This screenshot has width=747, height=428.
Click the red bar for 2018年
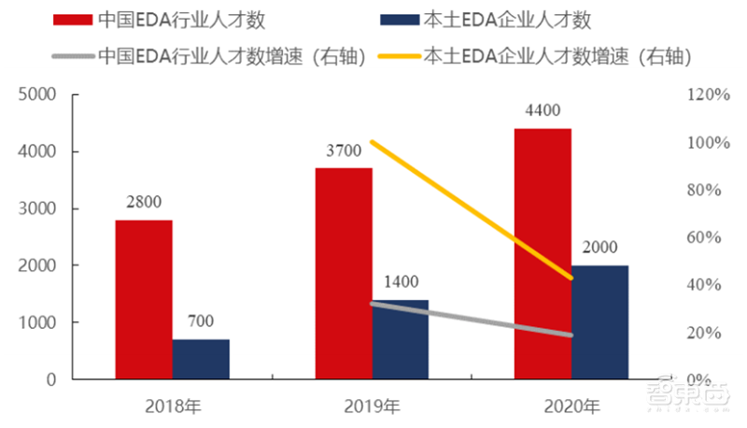(144, 299)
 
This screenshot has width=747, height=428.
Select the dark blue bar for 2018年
(201, 359)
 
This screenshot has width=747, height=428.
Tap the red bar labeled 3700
(344, 274)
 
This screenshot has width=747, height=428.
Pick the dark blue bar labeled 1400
(401, 339)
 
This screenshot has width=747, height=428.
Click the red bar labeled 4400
(543, 253)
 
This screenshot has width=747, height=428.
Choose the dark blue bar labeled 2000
(600, 322)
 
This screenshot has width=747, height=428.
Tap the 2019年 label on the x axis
(372, 407)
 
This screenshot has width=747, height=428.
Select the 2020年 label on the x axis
(571, 407)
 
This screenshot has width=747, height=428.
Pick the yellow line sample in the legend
(392, 55)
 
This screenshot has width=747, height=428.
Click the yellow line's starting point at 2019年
(372, 142)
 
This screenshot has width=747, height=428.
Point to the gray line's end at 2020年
(571, 335)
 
